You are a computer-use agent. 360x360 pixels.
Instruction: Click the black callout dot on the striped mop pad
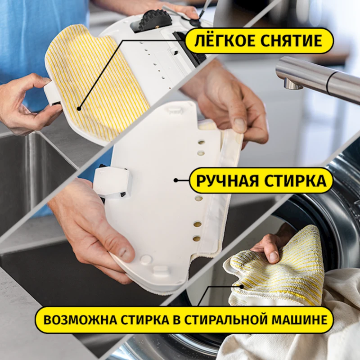tap(79, 108)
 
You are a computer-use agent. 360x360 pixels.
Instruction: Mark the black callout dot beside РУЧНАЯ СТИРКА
tap(176, 181)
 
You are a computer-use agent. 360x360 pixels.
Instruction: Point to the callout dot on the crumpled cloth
tap(242, 286)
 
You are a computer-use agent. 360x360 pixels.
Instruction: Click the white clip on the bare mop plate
tap(112, 182)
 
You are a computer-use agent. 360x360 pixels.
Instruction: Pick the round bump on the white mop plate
tap(146, 260)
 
